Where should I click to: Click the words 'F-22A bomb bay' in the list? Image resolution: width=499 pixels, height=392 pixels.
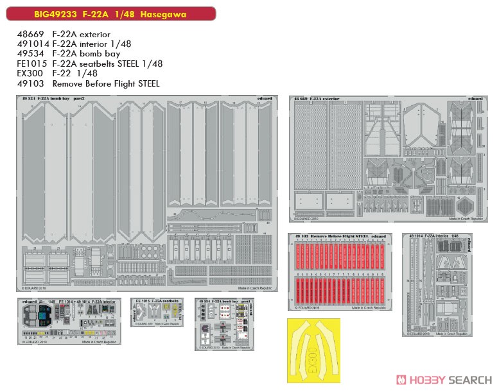[x=87, y=54]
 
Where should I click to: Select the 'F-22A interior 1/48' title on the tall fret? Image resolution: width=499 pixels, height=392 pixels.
[x=442, y=235]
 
